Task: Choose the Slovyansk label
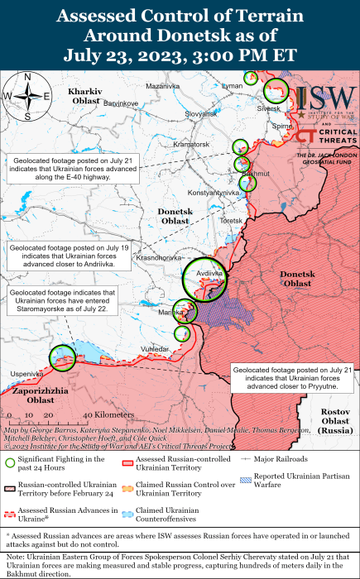click(x=200, y=113)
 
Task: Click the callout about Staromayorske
click(x=60, y=303)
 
